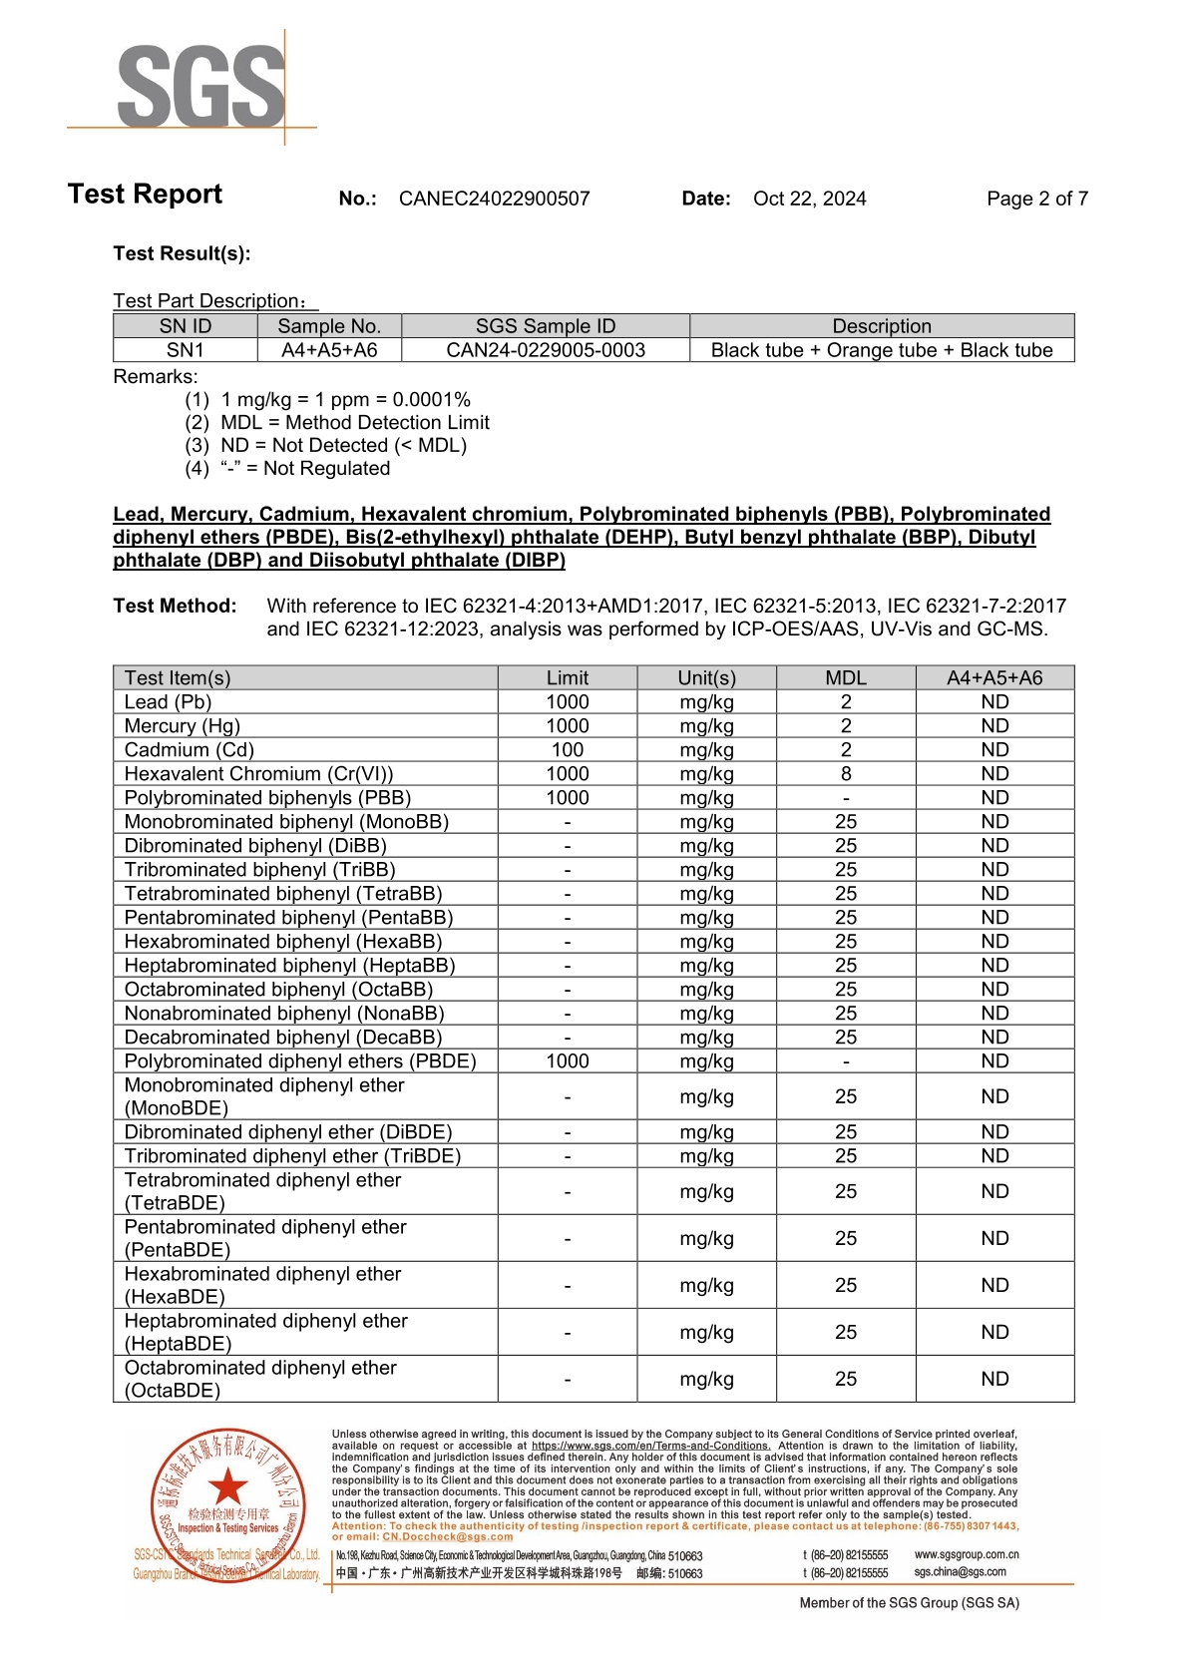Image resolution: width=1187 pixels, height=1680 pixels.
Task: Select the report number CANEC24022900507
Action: (494, 199)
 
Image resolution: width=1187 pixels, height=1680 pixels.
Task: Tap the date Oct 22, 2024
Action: (809, 199)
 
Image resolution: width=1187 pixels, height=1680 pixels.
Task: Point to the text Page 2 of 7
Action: (1036, 199)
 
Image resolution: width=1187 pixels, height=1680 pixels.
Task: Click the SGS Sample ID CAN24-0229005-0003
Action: (546, 350)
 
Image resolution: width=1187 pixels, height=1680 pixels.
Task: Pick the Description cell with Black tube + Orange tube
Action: (882, 350)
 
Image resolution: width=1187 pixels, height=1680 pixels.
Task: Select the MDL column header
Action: (845, 678)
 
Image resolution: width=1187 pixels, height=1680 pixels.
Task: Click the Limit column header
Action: (567, 678)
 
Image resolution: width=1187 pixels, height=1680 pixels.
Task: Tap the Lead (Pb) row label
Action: (168, 702)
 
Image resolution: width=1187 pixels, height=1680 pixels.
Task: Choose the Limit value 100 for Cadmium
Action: (567, 750)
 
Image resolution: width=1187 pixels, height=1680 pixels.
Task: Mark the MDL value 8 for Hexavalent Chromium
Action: (845, 774)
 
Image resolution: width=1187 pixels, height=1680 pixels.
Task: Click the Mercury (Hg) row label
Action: (182, 726)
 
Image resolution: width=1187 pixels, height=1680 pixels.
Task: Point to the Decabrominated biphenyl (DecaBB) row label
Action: (282, 1038)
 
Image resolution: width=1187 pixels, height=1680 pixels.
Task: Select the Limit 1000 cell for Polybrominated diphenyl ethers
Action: (567, 1061)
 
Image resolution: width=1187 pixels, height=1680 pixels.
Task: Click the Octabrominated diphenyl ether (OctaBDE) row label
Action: (260, 1379)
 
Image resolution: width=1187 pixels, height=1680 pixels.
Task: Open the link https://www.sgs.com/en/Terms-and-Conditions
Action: (650, 1446)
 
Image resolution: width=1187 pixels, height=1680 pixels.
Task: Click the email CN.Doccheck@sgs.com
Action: (448, 1536)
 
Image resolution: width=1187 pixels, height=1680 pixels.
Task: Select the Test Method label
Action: (175, 606)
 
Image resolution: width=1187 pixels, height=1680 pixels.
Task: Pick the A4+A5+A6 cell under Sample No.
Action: (329, 350)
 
